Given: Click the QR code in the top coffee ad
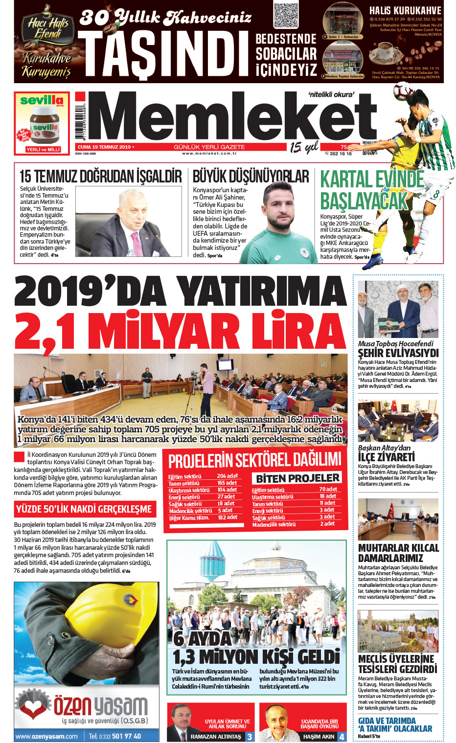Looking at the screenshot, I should click(286, 16).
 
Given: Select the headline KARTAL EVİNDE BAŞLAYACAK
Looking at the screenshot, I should click(372, 190).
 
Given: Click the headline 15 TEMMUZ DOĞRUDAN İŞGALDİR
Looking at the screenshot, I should click(100, 177).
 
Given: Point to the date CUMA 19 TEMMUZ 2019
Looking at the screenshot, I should click(104, 147).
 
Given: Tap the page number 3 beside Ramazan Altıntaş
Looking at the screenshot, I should click(250, 736).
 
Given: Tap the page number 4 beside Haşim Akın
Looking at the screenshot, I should click(342, 736).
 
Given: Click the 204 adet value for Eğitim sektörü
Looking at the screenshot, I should click(228, 476).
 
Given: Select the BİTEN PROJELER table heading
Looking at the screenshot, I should click(298, 478).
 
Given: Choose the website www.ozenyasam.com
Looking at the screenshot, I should click(46, 736).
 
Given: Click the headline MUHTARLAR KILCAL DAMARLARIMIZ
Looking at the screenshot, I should click(398, 553).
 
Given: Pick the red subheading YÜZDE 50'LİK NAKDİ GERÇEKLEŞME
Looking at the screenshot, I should click(84, 509).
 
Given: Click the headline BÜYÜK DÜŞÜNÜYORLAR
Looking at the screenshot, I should click(251, 177).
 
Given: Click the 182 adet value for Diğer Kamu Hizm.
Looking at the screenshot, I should click(228, 517).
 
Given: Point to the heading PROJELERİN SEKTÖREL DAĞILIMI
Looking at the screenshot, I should click(254, 460).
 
